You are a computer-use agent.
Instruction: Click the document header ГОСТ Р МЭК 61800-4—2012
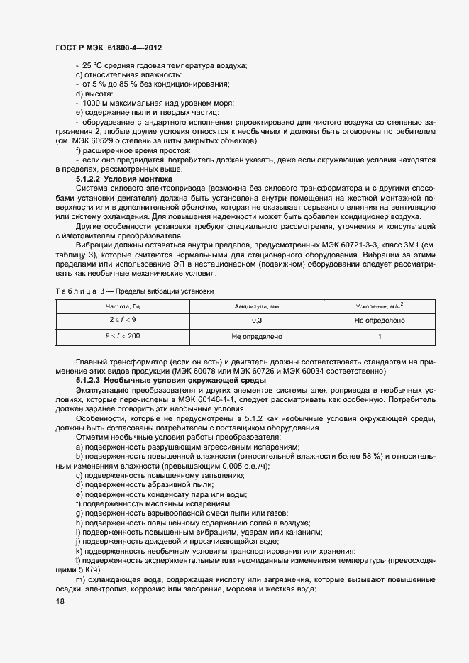[x=109, y=48]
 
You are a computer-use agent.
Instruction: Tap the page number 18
[x=60, y=601]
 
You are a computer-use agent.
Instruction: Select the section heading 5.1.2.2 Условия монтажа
[x=119, y=179]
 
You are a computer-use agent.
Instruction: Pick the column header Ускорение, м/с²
[x=380, y=306]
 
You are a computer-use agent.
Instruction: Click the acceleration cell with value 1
[x=380, y=336]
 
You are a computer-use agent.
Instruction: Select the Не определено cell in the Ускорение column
[x=380, y=321]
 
